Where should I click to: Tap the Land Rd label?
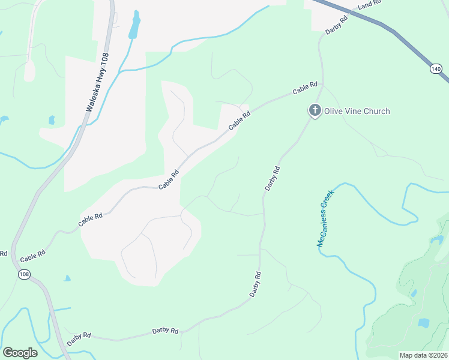tap(369, 5)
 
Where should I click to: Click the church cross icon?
tap(314, 110)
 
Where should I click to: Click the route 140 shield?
tap(435, 69)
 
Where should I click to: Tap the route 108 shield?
tap(23, 274)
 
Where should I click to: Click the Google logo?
tap(20, 352)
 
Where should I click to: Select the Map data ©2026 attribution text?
tap(423, 355)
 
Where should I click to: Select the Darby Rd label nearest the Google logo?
tap(79, 339)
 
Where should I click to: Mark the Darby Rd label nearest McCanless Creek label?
tap(273, 179)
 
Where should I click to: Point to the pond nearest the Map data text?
tap(424, 323)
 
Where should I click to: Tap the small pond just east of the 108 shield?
tap(67, 278)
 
